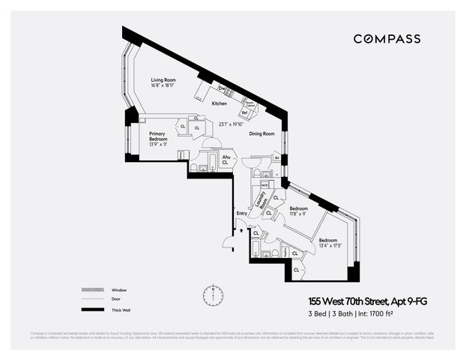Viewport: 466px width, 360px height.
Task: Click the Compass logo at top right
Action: tap(387, 39)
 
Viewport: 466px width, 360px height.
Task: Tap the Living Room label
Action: tap(164, 79)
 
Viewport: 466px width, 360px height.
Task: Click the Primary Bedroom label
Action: tap(158, 136)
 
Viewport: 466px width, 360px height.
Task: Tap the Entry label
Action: tap(242, 214)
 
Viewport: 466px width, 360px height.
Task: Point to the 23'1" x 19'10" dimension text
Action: tap(232, 124)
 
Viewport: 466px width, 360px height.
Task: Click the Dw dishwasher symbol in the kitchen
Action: tap(221, 88)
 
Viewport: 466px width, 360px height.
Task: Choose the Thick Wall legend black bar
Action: tap(91, 310)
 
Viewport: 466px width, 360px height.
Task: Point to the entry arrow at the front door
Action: tap(240, 230)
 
